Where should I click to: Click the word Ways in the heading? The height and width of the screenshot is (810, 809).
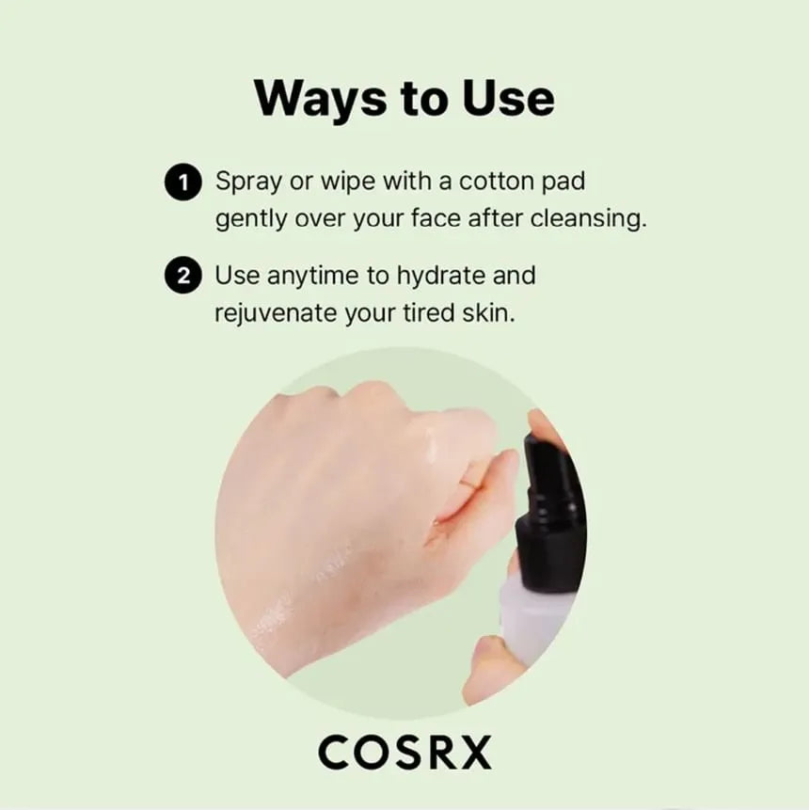click(x=320, y=98)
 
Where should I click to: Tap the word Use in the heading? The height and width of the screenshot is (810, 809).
click(x=508, y=97)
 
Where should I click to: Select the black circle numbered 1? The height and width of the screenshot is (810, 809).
click(x=182, y=182)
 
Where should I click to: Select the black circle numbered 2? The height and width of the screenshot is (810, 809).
click(x=182, y=276)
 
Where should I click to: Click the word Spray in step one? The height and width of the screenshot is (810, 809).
click(x=248, y=182)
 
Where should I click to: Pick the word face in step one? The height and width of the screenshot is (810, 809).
click(x=436, y=218)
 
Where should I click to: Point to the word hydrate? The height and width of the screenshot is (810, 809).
click(x=440, y=276)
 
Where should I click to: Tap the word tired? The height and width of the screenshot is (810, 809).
click(x=428, y=312)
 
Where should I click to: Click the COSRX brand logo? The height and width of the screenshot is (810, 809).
click(x=405, y=753)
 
